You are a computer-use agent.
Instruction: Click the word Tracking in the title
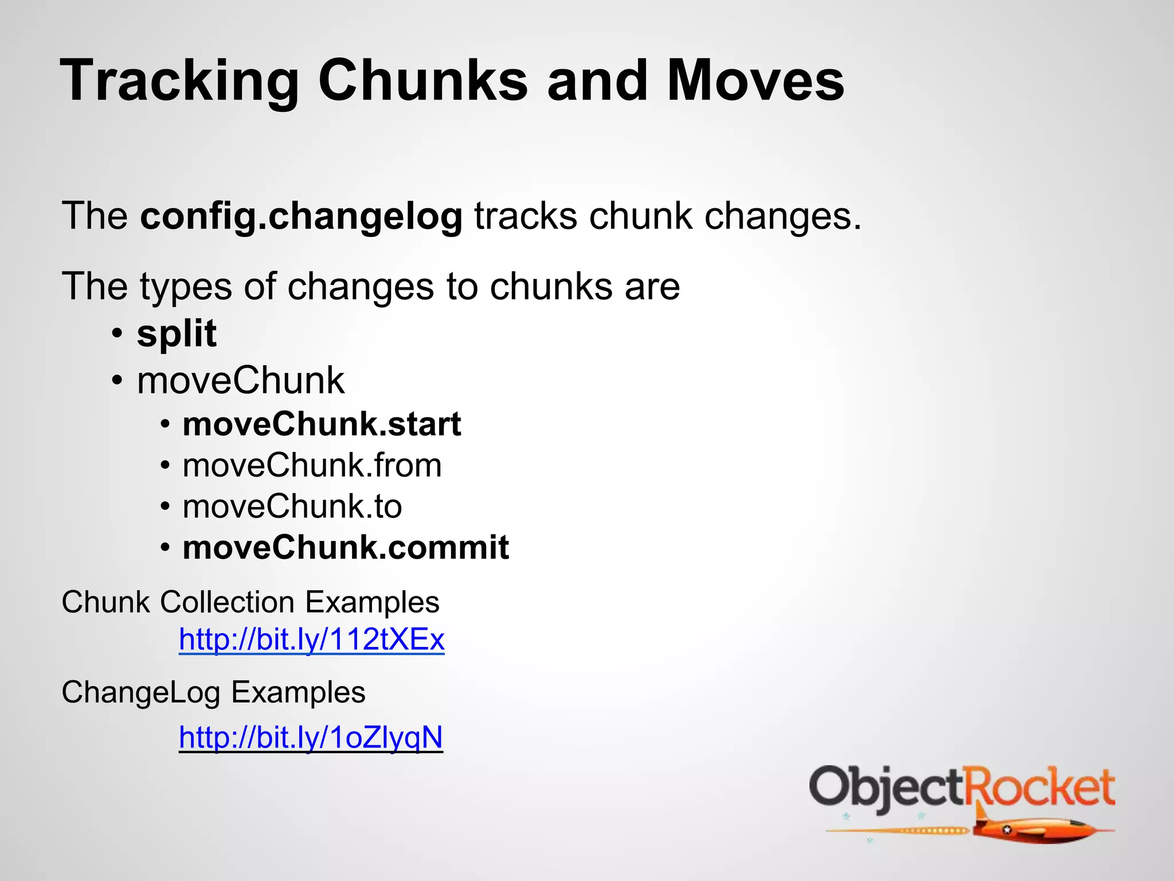point(179,81)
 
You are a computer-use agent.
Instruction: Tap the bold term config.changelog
point(301,217)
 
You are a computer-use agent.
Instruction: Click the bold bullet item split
point(177,334)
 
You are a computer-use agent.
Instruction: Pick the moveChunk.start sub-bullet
point(322,424)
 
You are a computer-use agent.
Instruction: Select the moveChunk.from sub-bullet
point(312,465)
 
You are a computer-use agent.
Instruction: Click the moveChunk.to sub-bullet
point(292,506)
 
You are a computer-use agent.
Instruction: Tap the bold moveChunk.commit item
point(346,548)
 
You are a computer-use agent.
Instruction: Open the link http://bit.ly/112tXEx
point(311,639)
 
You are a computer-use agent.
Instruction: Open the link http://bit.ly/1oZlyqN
point(311,738)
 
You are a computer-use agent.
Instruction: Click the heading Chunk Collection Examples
point(251,602)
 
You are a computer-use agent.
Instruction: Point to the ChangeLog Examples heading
point(213,692)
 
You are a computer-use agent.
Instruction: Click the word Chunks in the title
point(422,81)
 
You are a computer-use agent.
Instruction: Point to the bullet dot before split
point(118,334)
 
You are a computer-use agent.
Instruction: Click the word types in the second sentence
point(186,287)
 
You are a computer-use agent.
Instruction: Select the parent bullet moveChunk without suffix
point(241,381)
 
